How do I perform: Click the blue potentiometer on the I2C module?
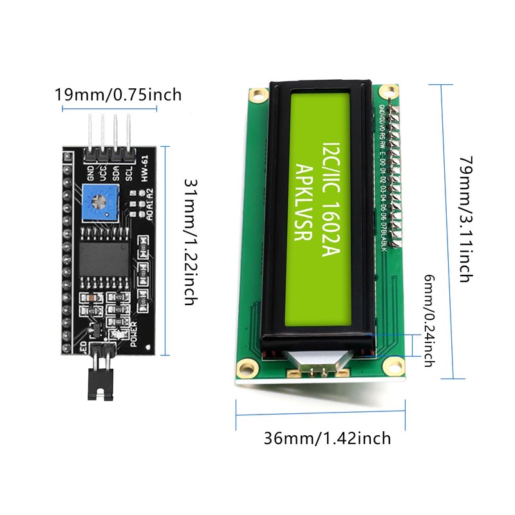(100, 202)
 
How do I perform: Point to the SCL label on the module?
(129, 173)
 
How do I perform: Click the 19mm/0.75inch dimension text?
(118, 95)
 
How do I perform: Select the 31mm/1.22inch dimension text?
(188, 241)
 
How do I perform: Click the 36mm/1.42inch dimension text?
(327, 438)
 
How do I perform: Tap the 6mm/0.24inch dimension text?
(428, 319)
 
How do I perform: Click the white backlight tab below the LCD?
(319, 364)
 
